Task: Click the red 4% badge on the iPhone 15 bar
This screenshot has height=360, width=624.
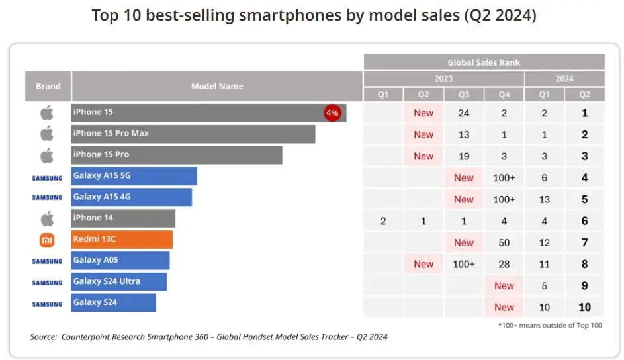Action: click(x=332, y=112)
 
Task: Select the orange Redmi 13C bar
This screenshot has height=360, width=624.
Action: click(x=122, y=240)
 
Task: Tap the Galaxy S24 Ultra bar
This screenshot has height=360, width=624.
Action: click(x=119, y=282)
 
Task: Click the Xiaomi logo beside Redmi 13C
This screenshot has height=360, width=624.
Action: click(x=47, y=240)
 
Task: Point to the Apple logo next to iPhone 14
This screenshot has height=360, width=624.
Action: click(x=47, y=218)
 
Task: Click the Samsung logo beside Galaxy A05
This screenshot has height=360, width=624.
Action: click(x=47, y=261)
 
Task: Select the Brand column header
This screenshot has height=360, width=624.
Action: click(x=48, y=86)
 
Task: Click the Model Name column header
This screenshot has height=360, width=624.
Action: click(x=217, y=86)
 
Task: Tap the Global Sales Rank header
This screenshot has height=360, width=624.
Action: click(x=484, y=62)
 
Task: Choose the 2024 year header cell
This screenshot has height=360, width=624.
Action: click(x=564, y=79)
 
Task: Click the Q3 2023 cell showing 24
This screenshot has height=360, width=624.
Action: click(x=464, y=113)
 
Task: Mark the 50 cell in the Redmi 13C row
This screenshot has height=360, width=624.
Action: click(x=504, y=243)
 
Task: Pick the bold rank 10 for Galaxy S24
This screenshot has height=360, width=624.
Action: click(x=585, y=307)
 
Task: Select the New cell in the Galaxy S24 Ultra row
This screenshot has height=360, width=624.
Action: click(x=504, y=286)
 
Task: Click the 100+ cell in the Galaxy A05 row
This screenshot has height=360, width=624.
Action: click(x=464, y=264)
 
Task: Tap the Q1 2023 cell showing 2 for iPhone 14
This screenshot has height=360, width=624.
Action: click(x=383, y=221)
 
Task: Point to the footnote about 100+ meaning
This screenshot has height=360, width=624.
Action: click(x=549, y=325)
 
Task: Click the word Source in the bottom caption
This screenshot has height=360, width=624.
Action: click(x=43, y=337)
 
